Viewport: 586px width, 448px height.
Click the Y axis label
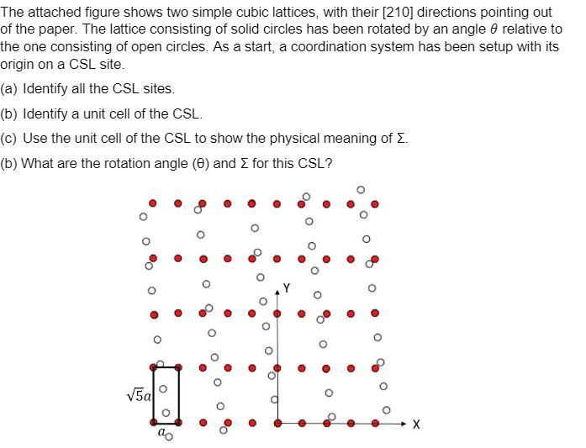tap(286, 288)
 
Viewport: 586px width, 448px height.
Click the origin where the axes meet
tap(277, 422)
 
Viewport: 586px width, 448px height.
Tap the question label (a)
tap(10, 88)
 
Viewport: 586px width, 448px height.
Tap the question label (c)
tap(10, 139)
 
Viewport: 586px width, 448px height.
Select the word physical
tap(298, 139)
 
